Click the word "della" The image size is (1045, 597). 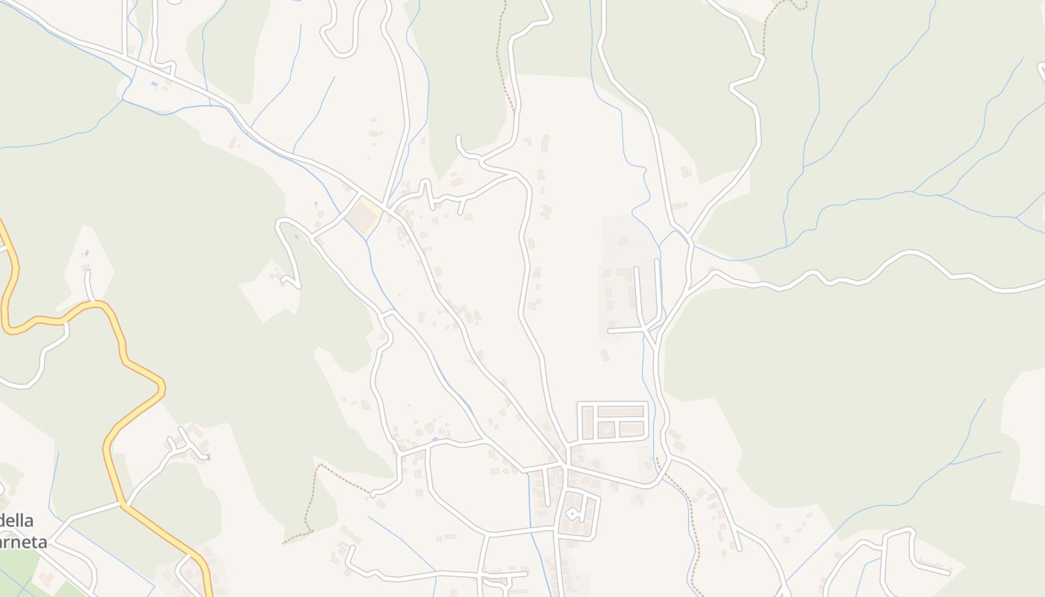17,520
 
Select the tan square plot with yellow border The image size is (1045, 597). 364,216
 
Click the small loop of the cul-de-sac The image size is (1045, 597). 573,513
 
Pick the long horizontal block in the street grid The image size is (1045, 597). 621,411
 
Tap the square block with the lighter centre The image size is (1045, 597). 606,430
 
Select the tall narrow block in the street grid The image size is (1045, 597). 587,422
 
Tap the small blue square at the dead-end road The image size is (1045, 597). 207,457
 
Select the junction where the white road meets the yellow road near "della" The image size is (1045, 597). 122,504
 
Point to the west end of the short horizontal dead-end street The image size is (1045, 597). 610,330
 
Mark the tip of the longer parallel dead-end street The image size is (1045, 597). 658,261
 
